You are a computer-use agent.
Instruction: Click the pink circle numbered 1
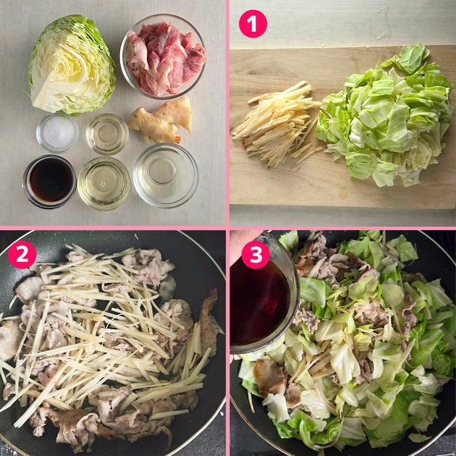click(x=253, y=24)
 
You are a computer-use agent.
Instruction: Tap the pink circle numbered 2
click(x=22, y=255)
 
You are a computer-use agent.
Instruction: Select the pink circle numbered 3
click(x=256, y=255)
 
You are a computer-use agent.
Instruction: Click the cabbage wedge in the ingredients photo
click(x=72, y=64)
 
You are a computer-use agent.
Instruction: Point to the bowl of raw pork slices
click(x=163, y=56)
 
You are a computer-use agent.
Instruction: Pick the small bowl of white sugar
click(x=57, y=133)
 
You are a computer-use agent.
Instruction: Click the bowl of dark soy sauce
click(x=50, y=181)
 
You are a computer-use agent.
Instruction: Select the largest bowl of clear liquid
click(x=166, y=174)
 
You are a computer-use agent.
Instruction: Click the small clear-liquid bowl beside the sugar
click(x=107, y=133)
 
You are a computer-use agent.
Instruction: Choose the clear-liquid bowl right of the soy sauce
click(x=104, y=183)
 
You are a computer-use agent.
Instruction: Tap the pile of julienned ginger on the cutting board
click(x=276, y=125)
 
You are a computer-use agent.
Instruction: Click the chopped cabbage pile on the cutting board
click(x=384, y=117)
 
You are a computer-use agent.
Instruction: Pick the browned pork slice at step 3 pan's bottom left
click(x=269, y=376)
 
